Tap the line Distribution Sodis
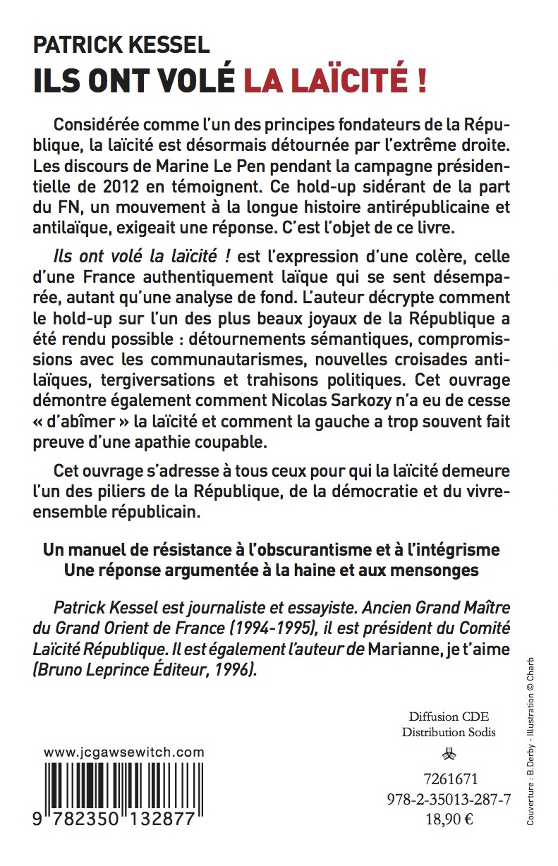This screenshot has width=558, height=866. point(449,732)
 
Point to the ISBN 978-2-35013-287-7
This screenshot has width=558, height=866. point(449,798)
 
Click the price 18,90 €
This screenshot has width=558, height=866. point(449,818)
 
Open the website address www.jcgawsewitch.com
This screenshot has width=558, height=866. point(125,753)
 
